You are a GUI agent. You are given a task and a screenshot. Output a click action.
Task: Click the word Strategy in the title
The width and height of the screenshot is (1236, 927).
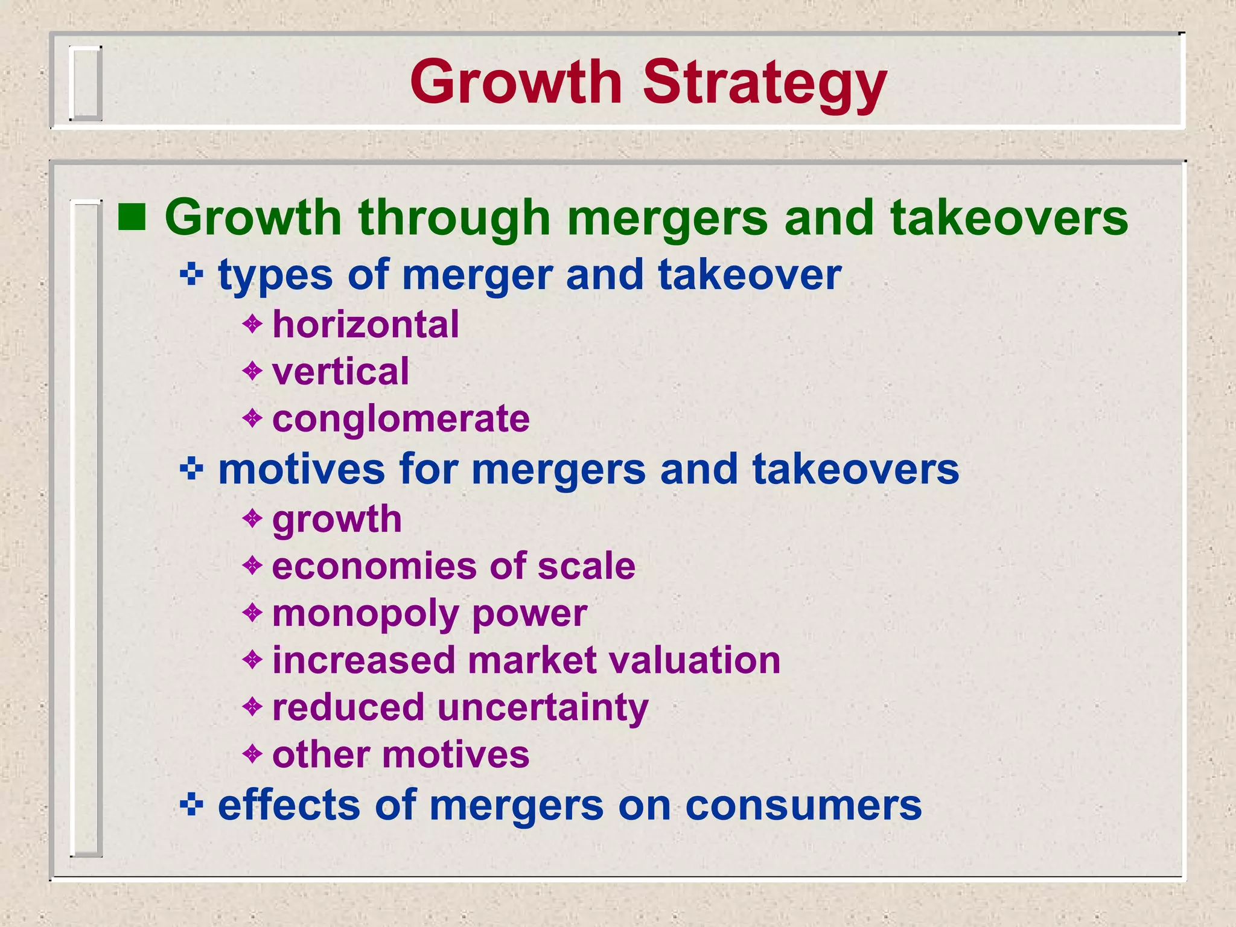point(764,83)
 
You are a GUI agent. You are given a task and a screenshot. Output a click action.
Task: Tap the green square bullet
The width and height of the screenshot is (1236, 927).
point(132,218)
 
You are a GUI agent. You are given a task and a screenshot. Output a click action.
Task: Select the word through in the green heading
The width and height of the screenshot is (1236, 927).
point(454,218)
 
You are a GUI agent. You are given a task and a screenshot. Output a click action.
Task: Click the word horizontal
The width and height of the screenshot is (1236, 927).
point(366,325)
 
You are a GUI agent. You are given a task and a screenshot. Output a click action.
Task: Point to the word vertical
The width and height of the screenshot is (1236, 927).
point(340,371)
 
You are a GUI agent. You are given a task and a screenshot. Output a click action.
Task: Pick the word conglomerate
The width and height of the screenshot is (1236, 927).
point(401,418)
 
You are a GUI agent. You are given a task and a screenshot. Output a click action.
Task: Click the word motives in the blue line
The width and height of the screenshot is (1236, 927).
point(301,469)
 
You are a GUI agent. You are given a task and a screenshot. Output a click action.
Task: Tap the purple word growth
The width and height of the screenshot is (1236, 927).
point(337,520)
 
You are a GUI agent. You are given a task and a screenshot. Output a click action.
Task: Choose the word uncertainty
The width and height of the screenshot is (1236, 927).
point(543,707)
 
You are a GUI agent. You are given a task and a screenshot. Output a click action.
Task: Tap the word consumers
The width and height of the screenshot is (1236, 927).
point(803,806)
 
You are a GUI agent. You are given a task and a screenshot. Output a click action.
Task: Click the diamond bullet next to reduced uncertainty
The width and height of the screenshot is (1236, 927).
point(252,706)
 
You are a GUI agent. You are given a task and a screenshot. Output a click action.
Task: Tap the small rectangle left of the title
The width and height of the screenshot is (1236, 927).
point(84,83)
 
